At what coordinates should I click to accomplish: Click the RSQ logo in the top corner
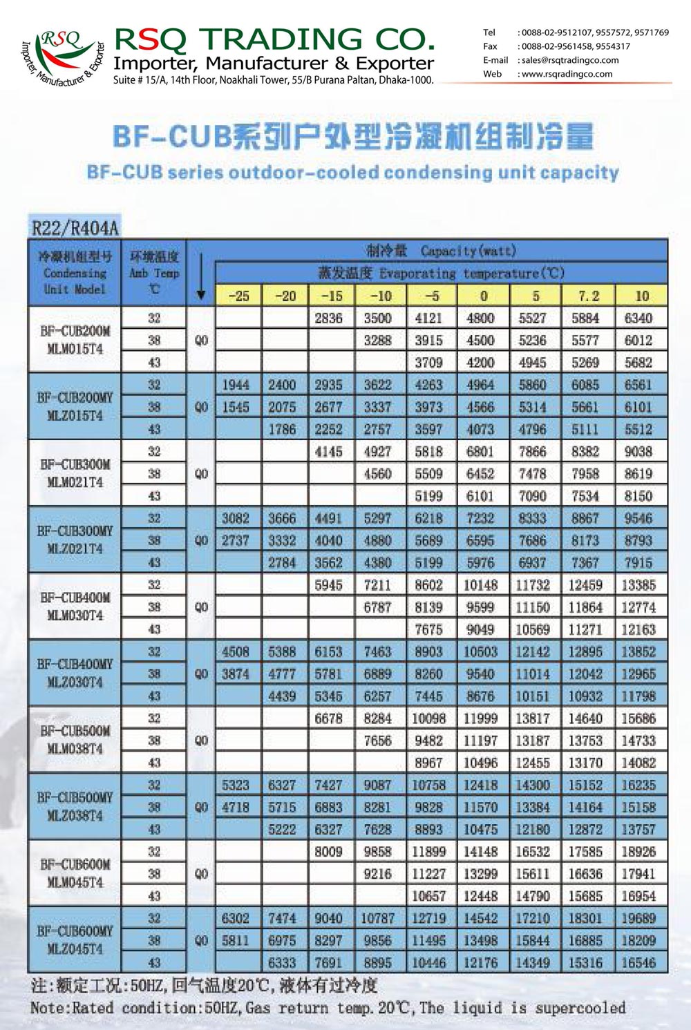pos(61,55)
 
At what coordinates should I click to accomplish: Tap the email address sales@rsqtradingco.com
pos(570,60)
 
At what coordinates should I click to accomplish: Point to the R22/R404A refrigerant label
pos(75,227)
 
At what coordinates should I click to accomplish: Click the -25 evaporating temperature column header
pos(238,296)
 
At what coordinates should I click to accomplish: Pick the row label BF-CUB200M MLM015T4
pos(75,340)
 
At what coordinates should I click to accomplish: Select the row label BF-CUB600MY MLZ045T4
pos(75,940)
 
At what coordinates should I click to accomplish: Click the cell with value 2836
pos(328,318)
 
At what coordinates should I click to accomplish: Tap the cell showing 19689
pos(638,918)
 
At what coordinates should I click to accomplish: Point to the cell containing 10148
pos(480,585)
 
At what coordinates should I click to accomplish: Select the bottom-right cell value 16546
pos(638,962)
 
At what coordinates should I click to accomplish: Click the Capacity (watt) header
pos(442,250)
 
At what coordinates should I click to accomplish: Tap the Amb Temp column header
pos(154,273)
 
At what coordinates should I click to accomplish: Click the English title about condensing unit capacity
pos(352,171)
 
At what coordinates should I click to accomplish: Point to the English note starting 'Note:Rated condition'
pos(328,1008)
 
